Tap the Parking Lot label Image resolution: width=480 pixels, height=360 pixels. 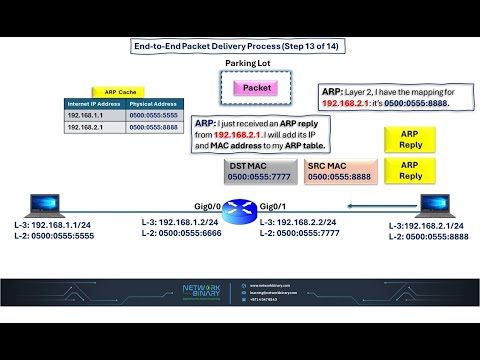[249, 63]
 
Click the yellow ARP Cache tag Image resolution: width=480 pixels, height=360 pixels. [121, 91]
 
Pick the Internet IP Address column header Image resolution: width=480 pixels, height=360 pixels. [95, 104]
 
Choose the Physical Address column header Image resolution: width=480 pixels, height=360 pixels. [155, 104]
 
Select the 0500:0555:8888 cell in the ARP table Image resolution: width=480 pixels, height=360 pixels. [155, 128]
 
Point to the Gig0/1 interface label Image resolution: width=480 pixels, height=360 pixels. [273, 203]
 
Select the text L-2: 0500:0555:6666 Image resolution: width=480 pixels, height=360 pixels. [177, 233]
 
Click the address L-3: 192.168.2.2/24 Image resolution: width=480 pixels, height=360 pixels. [299, 222]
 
